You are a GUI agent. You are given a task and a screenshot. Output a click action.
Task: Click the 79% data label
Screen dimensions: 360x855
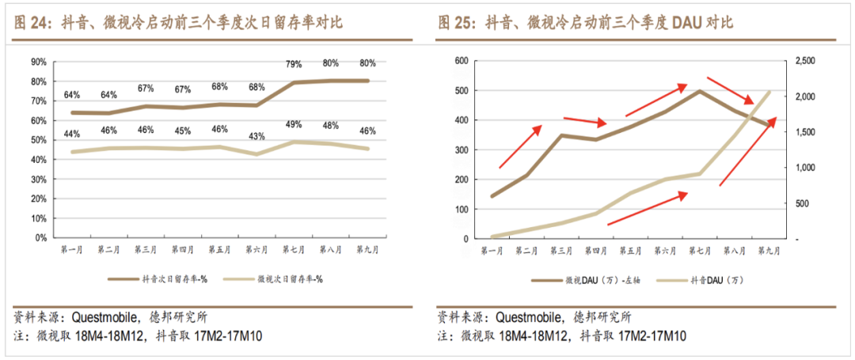[x=294, y=64]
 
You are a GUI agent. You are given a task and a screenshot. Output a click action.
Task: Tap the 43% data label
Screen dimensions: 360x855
[x=257, y=136]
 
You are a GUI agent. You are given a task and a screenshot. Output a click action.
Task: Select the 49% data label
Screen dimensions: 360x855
[x=294, y=124]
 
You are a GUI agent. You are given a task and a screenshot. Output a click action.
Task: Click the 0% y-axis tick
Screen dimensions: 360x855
[x=41, y=237]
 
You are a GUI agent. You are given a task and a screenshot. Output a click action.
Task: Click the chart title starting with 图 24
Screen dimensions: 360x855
[x=178, y=22]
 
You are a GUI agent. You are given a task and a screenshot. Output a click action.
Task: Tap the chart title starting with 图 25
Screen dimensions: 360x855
[x=586, y=22]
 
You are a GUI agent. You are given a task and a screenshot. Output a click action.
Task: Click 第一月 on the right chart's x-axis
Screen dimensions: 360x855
[x=492, y=251]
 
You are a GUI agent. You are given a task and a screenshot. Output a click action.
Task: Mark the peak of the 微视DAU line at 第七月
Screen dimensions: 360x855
[x=700, y=91]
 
